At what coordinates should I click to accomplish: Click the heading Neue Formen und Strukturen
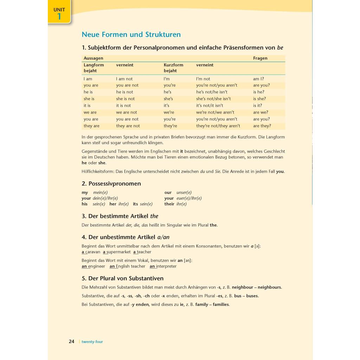(x=131, y=34)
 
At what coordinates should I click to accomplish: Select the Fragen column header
(x=260, y=58)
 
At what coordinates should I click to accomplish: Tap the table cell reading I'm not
(x=203, y=79)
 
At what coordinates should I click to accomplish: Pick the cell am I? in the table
(x=258, y=79)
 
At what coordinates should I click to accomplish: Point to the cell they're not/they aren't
(x=218, y=126)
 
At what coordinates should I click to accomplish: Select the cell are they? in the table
(x=262, y=126)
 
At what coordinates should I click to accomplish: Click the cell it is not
(x=123, y=105)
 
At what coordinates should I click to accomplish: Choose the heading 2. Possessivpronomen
(x=111, y=184)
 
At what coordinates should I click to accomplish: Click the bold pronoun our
(x=168, y=193)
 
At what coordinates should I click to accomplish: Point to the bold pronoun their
(x=169, y=204)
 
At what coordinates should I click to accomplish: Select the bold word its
(x=135, y=204)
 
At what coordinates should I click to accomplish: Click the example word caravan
(x=93, y=252)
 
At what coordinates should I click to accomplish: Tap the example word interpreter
(x=166, y=266)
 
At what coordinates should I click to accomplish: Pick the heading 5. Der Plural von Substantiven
(x=122, y=278)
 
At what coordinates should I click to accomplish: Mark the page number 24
(x=71, y=341)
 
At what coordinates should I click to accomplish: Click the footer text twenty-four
(x=92, y=342)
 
